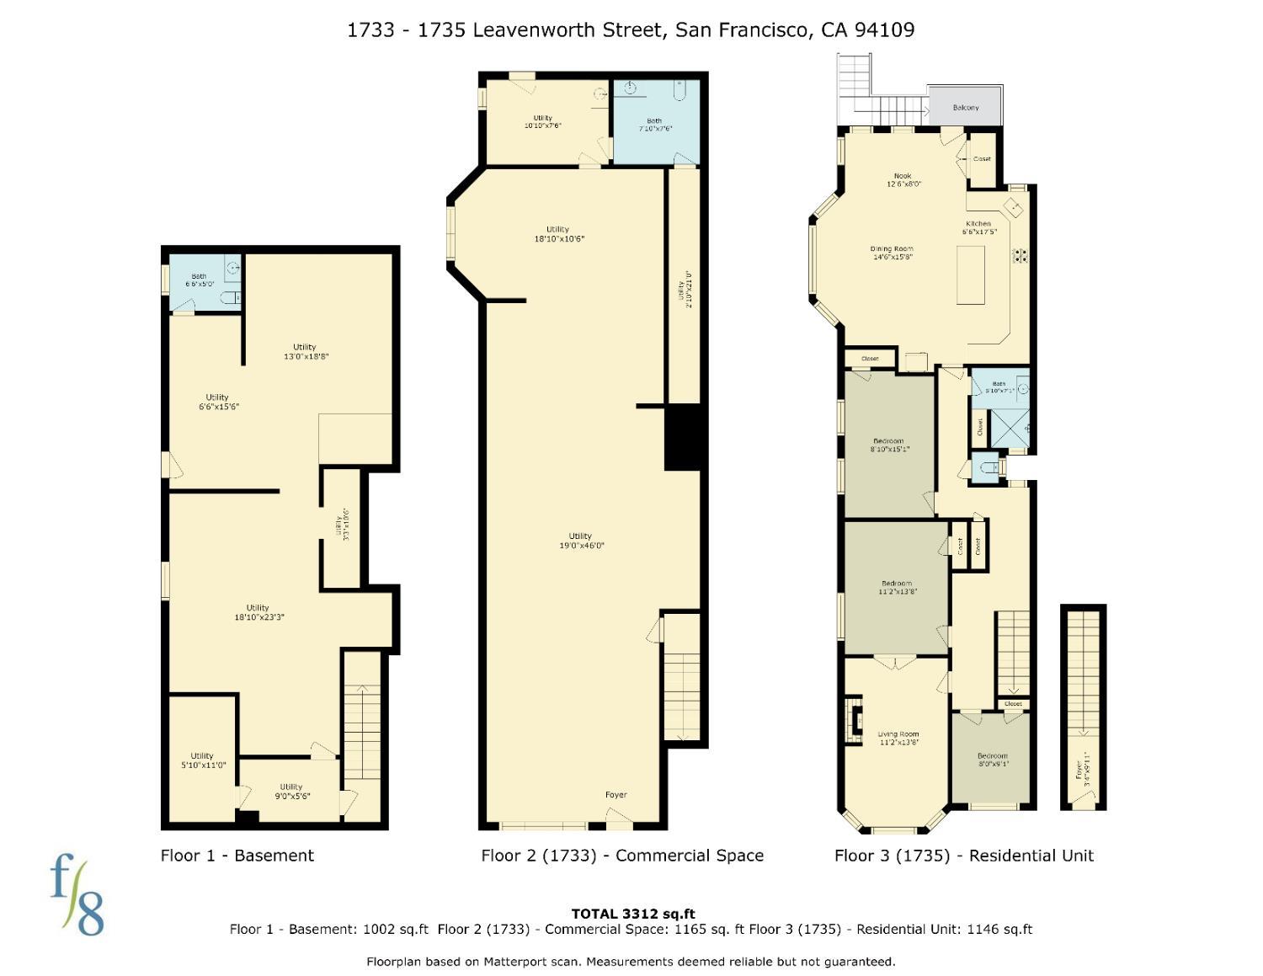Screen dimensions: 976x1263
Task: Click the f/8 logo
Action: click(x=77, y=894)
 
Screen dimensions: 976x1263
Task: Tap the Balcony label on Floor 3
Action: click(x=966, y=107)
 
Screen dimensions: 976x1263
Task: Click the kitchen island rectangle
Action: click(x=971, y=275)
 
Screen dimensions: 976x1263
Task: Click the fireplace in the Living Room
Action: click(x=854, y=720)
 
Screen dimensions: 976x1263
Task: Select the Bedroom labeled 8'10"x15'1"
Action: click(x=888, y=445)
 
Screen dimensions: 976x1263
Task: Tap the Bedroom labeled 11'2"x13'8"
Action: click(x=897, y=587)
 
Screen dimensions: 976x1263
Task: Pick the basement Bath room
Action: click(x=200, y=280)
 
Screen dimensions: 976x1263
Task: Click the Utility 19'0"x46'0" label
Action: click(x=580, y=541)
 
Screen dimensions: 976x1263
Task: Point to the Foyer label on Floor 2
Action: click(x=616, y=794)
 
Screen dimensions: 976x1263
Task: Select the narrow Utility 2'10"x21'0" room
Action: click(x=684, y=286)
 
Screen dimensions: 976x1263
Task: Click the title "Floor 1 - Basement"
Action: click(x=237, y=856)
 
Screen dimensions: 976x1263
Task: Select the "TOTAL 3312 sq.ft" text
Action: click(x=632, y=914)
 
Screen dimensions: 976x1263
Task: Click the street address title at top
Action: click(x=631, y=30)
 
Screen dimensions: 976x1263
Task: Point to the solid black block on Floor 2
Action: click(x=683, y=436)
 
